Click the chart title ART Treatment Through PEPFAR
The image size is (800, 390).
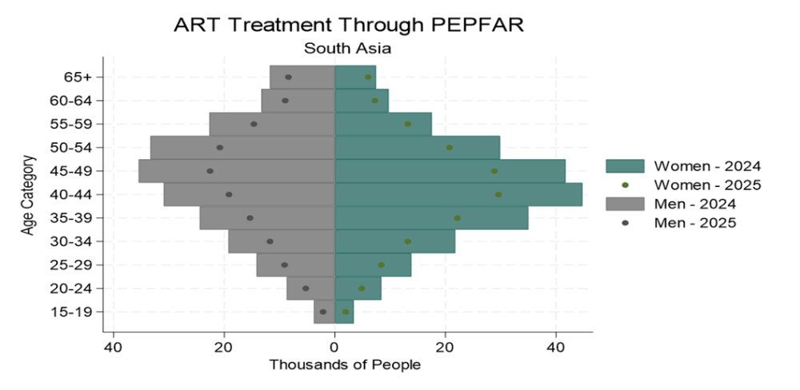tap(348, 25)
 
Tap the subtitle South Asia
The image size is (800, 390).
tap(347, 48)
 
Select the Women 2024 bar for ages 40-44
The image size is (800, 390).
tap(458, 194)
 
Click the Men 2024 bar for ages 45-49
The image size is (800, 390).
tap(236, 171)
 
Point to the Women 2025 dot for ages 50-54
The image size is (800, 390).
tap(450, 148)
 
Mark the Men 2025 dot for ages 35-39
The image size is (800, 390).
tap(250, 218)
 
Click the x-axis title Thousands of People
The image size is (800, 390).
tap(345, 364)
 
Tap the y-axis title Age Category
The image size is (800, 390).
tap(28, 194)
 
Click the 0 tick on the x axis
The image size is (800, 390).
tap(334, 348)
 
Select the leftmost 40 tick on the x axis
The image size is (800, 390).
tap(114, 348)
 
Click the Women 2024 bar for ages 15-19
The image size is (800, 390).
tap(344, 312)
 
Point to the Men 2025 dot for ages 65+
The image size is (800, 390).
tap(288, 78)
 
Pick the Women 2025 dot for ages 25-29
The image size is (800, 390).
tap(382, 265)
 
